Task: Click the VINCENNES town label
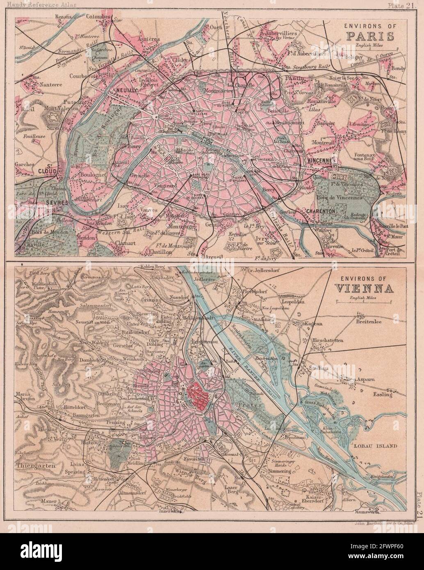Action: [322, 160]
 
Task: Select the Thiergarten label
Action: [32, 465]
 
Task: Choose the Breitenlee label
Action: [372, 322]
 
